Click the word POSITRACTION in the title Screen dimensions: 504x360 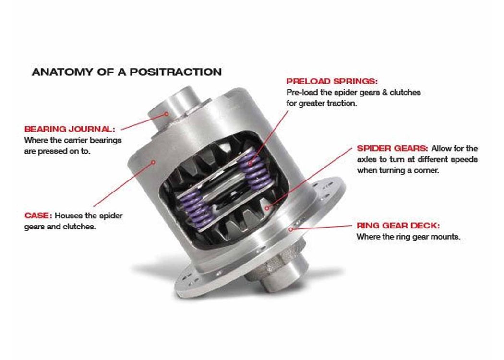point(176,72)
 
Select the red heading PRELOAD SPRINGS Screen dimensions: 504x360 point(332,81)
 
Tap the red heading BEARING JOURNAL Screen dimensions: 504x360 point(70,129)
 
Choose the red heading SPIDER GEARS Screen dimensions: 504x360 point(392,148)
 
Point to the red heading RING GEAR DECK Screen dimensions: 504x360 point(398,226)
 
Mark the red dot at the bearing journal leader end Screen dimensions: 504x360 point(167,113)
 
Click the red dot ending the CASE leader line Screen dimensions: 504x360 point(153,162)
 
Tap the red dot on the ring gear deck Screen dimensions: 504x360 point(290,229)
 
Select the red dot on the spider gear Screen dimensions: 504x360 point(267,208)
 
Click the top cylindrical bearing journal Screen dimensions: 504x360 point(177,108)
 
